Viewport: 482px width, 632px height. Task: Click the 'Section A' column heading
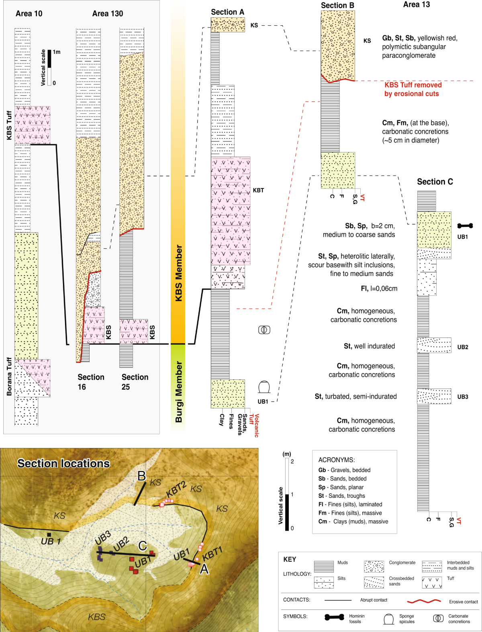(227, 12)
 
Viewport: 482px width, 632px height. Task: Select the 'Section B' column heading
(337, 5)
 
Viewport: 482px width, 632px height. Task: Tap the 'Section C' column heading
(435, 182)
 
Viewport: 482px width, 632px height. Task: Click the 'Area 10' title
(29, 14)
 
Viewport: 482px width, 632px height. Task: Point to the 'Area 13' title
(416, 4)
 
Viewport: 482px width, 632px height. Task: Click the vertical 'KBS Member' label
(179, 273)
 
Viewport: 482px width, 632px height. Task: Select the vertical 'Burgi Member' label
(179, 391)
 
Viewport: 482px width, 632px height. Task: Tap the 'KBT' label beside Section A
(258, 190)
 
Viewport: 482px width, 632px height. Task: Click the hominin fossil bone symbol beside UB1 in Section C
(465, 226)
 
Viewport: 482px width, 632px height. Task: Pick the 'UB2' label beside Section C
(462, 347)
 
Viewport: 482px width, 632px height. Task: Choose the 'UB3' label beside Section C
(462, 397)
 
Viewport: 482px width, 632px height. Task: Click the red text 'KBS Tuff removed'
(413, 85)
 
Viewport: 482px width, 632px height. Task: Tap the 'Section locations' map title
(63, 464)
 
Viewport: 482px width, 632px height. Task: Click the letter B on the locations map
(141, 476)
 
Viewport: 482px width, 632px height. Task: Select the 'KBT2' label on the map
(176, 489)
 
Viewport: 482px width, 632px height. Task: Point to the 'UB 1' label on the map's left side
(51, 542)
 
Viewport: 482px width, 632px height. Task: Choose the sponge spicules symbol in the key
(388, 619)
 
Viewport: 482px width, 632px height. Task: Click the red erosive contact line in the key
(424, 601)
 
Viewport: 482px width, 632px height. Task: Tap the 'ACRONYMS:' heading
(336, 460)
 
